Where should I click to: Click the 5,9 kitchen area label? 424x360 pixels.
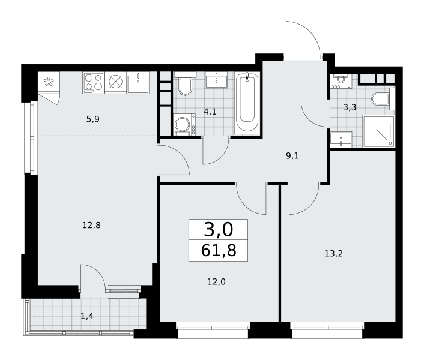click(x=93, y=119)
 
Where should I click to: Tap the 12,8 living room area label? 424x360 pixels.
click(x=91, y=225)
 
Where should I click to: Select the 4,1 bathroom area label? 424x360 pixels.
click(x=210, y=111)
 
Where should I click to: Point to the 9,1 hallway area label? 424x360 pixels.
click(x=292, y=156)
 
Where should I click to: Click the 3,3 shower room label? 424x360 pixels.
click(x=350, y=107)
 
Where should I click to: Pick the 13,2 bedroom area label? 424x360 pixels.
click(x=333, y=254)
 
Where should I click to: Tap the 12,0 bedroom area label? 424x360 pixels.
click(x=216, y=281)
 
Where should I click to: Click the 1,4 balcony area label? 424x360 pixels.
click(x=87, y=316)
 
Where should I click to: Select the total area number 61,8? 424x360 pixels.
click(x=219, y=250)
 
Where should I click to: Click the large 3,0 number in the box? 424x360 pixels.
click(x=218, y=230)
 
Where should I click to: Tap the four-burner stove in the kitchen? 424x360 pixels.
click(x=93, y=83)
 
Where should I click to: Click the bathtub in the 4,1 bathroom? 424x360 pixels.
click(x=247, y=103)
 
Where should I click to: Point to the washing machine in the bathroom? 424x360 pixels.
click(x=184, y=125)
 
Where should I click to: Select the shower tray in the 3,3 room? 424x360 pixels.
click(x=378, y=131)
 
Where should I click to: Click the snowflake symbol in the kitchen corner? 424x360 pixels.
click(x=49, y=82)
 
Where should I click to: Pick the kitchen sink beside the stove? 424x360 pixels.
click(x=138, y=83)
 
